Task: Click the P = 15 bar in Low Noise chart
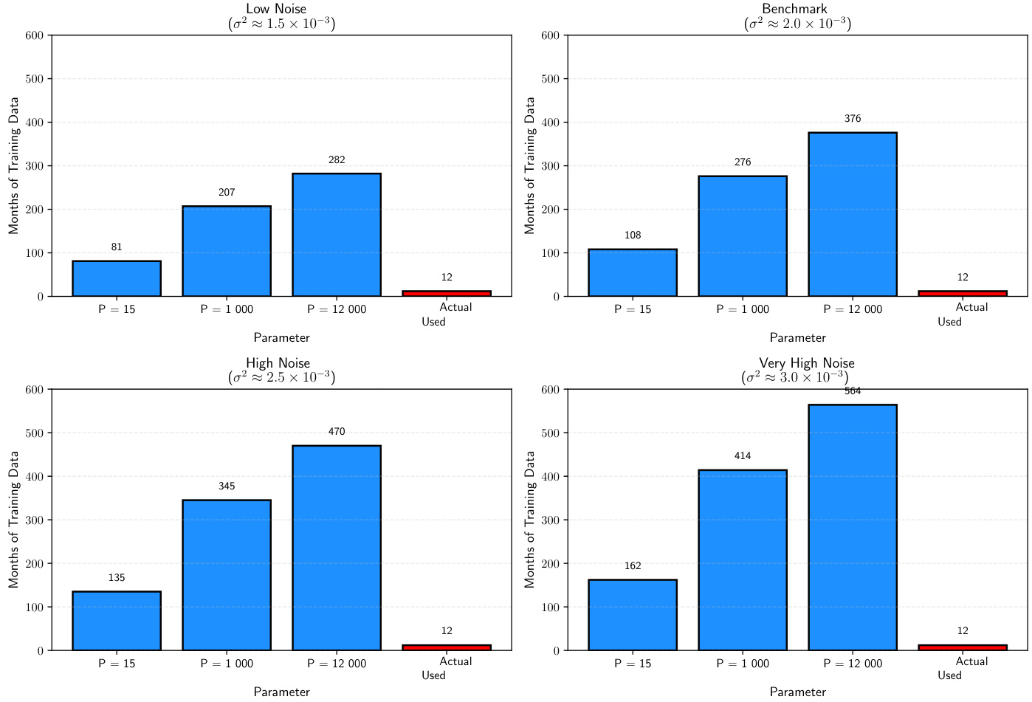pyautogui.click(x=117, y=279)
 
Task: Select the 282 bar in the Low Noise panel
pyautogui.click(x=337, y=235)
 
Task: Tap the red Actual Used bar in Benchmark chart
pyautogui.click(x=963, y=293)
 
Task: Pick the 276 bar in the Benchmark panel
pyautogui.click(x=743, y=236)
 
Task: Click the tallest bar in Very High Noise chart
pyautogui.click(x=853, y=527)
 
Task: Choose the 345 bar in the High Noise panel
pyautogui.click(x=227, y=575)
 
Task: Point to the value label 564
pyautogui.click(x=853, y=391)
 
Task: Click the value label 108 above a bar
pyautogui.click(x=633, y=235)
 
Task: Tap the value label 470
pyautogui.click(x=337, y=432)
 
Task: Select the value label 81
pyautogui.click(x=117, y=247)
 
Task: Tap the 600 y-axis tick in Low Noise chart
pyautogui.click(x=35, y=35)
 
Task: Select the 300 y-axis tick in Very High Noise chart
pyautogui.click(x=551, y=520)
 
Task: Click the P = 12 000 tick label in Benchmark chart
pyautogui.click(x=853, y=309)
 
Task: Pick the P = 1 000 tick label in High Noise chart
pyautogui.click(x=227, y=664)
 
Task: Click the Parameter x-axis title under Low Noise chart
pyautogui.click(x=281, y=338)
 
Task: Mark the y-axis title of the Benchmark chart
pyautogui.click(x=529, y=165)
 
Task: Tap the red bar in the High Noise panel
pyautogui.click(x=447, y=647)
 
